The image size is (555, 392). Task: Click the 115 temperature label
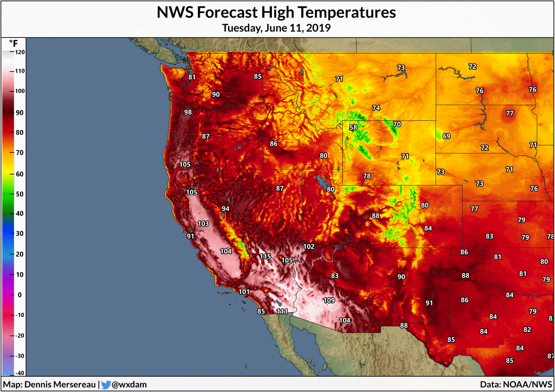tap(265, 256)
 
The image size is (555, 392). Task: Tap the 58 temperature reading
tap(353, 128)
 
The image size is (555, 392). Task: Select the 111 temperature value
tap(283, 311)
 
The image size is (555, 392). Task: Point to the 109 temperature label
tap(329, 300)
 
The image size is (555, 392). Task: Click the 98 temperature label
tap(188, 112)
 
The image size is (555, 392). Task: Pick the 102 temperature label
tap(308, 246)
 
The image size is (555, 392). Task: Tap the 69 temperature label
tap(446, 136)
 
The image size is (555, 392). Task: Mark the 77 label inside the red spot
tap(510, 113)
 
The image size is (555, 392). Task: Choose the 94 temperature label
tap(226, 209)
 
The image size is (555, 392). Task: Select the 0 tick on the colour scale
tap(19, 295)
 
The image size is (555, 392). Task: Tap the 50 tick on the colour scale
tap(19, 194)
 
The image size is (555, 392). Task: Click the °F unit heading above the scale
tap(13, 43)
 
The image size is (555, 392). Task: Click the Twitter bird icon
tap(106, 385)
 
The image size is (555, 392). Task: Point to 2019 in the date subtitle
tap(319, 28)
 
